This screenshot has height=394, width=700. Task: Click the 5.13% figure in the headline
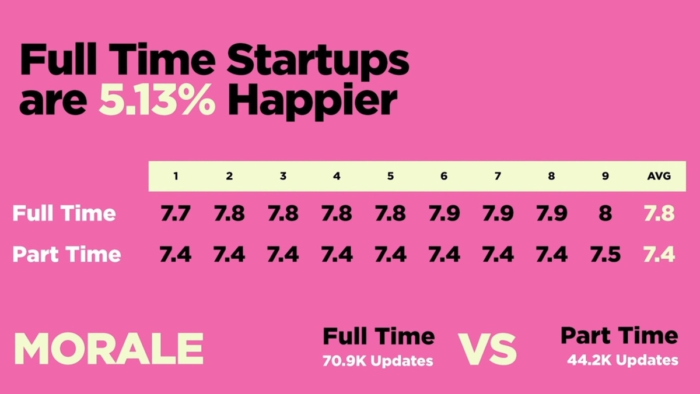point(157,100)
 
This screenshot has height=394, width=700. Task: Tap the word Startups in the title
point(318,62)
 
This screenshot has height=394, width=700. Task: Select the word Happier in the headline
point(313,102)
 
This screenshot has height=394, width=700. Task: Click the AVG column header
point(659,176)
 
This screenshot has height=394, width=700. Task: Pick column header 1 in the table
point(176,176)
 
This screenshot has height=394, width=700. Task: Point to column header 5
point(390,176)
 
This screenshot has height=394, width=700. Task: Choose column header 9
point(605,176)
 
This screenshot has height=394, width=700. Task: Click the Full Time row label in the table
point(64,213)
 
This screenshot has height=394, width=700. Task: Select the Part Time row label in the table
point(66,254)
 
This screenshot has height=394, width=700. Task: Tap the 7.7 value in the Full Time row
point(176,213)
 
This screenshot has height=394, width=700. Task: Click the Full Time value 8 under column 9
point(605,213)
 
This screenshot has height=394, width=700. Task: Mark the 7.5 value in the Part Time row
point(605,254)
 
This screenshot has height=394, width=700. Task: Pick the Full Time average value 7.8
point(659,213)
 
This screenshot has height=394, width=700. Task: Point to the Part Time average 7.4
point(659,254)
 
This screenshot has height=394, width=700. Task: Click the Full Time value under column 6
point(444,213)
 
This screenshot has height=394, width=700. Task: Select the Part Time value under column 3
point(283,254)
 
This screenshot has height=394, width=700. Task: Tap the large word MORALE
point(109,349)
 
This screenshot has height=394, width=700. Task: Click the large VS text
point(487,349)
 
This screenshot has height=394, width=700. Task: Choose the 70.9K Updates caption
point(378,361)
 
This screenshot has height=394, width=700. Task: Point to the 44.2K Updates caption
point(623,360)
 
